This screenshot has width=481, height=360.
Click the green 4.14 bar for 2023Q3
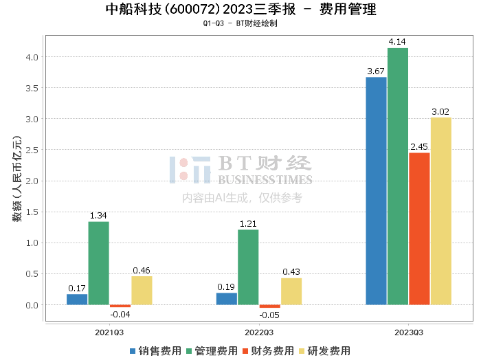398,177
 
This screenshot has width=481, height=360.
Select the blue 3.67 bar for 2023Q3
376,191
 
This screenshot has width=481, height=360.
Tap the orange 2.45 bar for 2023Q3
419,229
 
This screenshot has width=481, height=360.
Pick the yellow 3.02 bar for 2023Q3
441,212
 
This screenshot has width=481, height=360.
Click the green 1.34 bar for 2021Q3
99,263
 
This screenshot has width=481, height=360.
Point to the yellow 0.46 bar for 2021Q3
142,291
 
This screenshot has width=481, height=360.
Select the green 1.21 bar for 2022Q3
248,267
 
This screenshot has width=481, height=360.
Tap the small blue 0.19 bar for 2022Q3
227,299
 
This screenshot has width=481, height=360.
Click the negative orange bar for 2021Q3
120,306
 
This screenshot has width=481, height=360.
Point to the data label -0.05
269,315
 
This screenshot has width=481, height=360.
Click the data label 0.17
77,289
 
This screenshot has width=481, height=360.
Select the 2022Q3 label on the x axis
259,333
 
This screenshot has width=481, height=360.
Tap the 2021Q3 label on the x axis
109,333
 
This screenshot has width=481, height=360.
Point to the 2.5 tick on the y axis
32,150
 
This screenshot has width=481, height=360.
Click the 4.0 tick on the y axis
32,57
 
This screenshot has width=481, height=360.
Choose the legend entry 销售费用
155,351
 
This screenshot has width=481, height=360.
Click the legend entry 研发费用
325,351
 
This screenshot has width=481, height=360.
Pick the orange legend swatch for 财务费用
245,351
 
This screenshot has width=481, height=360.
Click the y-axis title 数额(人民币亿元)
17,179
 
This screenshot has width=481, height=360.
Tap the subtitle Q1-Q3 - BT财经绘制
240,23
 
